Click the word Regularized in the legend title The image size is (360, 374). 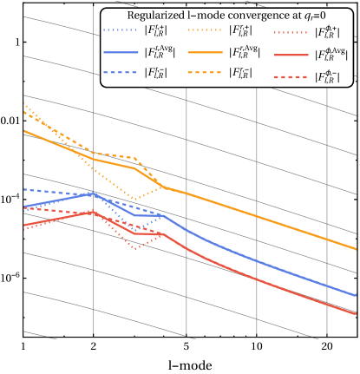point(152,16)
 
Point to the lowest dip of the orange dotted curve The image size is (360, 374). point(133,200)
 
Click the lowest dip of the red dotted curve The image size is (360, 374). point(134,249)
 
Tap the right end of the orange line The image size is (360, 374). point(357,249)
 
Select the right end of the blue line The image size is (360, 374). point(357,295)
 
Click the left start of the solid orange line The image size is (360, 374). point(23,130)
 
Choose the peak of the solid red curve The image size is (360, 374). point(93,212)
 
